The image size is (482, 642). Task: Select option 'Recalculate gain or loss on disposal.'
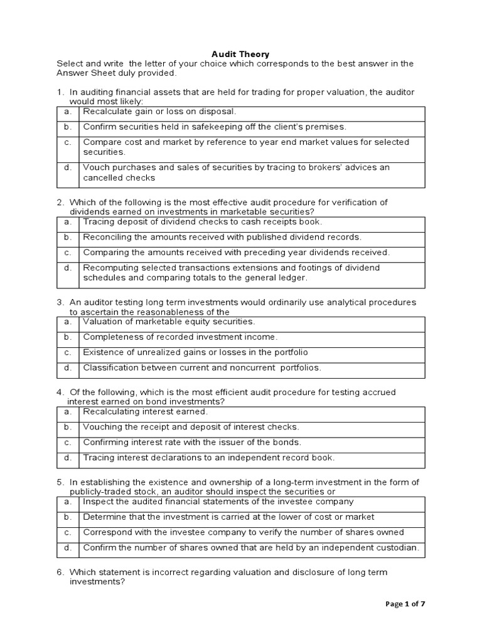pyautogui.click(x=159, y=112)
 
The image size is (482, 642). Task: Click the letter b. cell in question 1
pyautogui.click(x=68, y=127)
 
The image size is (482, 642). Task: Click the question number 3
pyautogui.click(x=60, y=302)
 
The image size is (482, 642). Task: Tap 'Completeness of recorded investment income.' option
pyautogui.click(x=180, y=337)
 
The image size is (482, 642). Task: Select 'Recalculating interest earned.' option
pyautogui.click(x=145, y=412)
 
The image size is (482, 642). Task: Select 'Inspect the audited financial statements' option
pyautogui.click(x=218, y=502)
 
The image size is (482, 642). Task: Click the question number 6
pyautogui.click(x=60, y=572)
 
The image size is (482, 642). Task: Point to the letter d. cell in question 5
pyautogui.click(x=68, y=548)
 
